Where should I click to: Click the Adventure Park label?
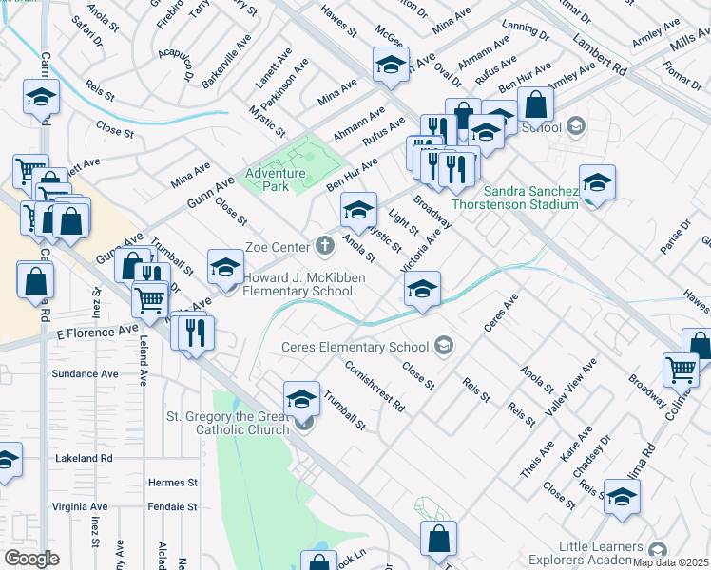[275, 180]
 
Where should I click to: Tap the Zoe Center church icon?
[325, 246]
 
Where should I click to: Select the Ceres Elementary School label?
[355, 347]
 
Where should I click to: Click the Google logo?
[31, 559]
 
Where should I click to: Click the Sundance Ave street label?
[86, 374]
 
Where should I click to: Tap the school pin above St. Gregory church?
[301, 399]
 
